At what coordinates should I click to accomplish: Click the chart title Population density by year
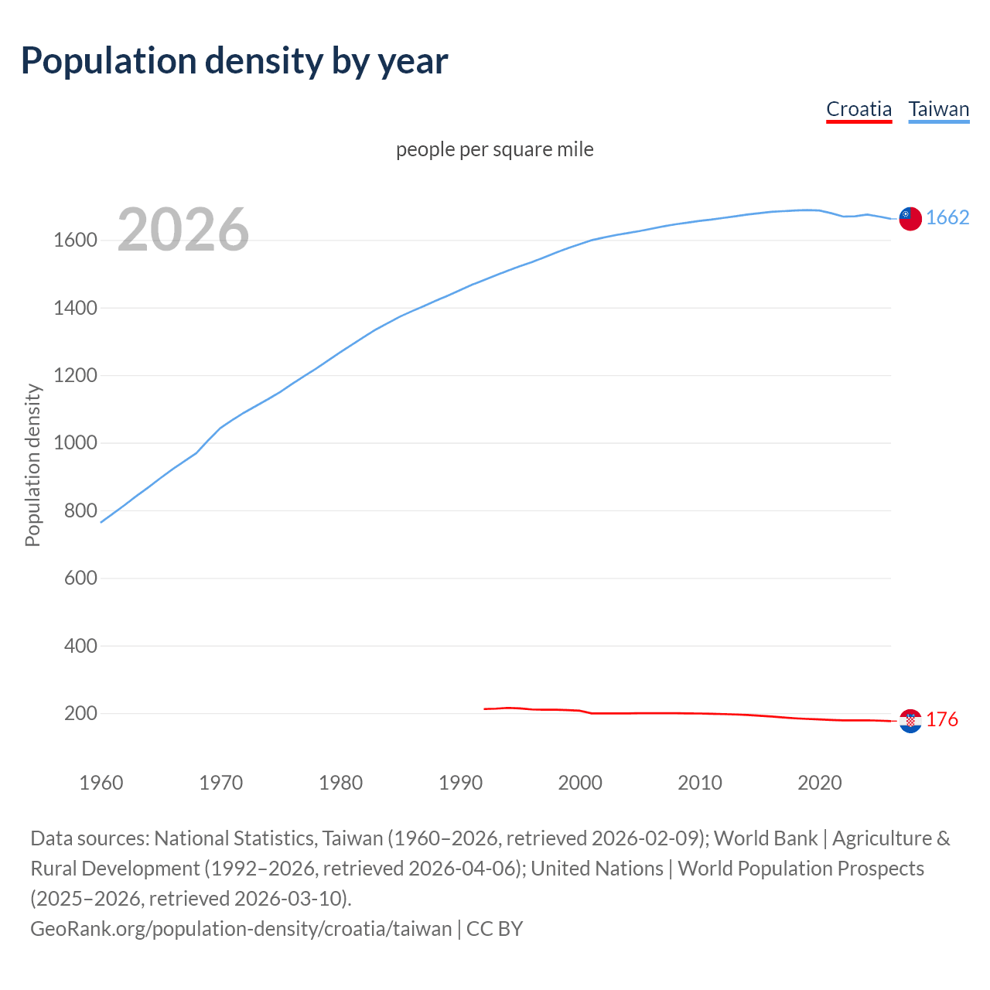tap(234, 61)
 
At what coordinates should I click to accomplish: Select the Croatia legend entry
tap(859, 109)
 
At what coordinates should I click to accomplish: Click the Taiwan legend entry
tap(938, 109)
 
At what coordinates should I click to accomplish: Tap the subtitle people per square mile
tap(494, 149)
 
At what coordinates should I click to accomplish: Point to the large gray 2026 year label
tap(183, 230)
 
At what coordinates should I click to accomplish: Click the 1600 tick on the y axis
tap(75, 241)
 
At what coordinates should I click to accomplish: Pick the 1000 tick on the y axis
tap(75, 443)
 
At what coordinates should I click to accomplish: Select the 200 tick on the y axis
tap(80, 713)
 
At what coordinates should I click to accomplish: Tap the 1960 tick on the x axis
tap(101, 783)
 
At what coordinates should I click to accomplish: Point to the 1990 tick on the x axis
tap(460, 783)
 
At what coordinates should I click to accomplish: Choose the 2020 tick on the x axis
tap(819, 783)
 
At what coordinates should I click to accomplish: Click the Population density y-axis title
tap(32, 465)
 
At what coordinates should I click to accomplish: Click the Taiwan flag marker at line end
tap(910, 219)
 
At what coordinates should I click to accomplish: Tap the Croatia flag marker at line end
tap(910, 721)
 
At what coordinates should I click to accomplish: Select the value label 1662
tap(947, 217)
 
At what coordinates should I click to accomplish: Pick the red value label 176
tap(942, 719)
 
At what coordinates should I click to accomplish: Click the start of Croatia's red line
tap(485, 708)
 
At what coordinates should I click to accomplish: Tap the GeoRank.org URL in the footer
tap(241, 928)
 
